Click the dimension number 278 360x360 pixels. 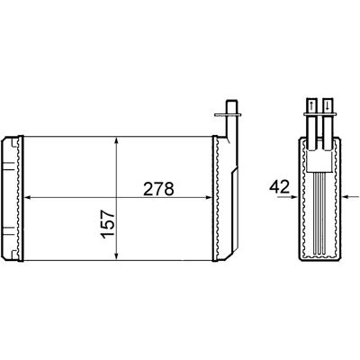[x=158, y=189]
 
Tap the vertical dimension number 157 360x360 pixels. [x=108, y=224]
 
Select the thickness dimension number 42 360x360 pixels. [x=279, y=187]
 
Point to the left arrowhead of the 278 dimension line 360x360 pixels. [x=27, y=197]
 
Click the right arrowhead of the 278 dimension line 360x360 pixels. [x=209, y=197]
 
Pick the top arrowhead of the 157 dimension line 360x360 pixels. [x=116, y=140]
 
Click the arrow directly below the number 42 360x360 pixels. [x=287, y=197]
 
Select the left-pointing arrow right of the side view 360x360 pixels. [x=350, y=197]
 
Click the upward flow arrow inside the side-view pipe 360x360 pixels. [x=311, y=105]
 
